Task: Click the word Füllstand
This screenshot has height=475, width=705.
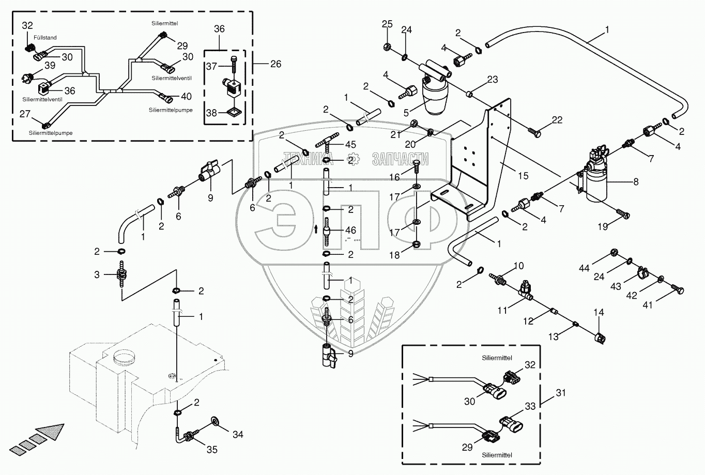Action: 45,38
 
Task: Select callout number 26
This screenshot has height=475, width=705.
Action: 275,64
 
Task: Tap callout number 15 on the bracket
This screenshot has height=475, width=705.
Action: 523,176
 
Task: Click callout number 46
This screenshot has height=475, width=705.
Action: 350,231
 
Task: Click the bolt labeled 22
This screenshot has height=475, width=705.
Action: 534,132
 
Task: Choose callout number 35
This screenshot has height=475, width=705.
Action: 212,450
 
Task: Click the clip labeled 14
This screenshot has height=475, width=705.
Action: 601,339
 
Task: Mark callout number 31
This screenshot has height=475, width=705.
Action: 561,393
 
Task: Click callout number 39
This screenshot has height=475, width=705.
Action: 50,65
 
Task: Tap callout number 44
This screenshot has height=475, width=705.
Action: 584,268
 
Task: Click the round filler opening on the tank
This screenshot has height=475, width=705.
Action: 125,356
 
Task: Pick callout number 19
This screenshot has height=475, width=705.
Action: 603,226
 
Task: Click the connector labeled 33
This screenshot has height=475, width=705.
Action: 511,425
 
